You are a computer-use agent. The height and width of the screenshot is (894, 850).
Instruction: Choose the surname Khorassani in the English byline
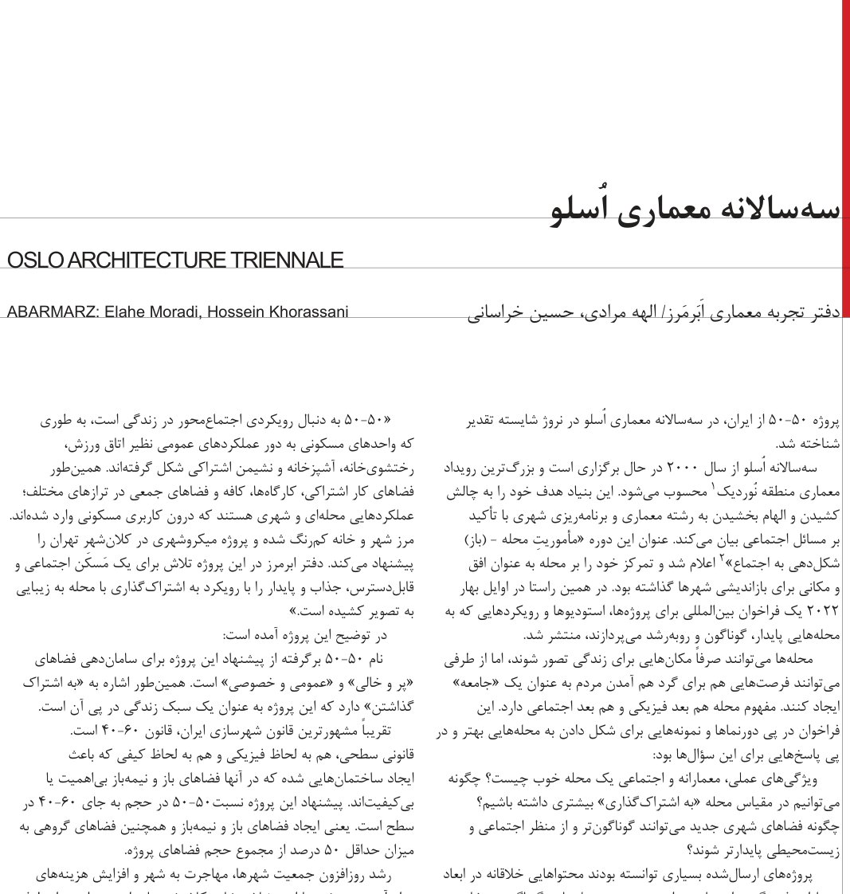point(307,312)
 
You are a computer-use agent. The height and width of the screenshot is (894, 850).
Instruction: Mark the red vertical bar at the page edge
point(845,159)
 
